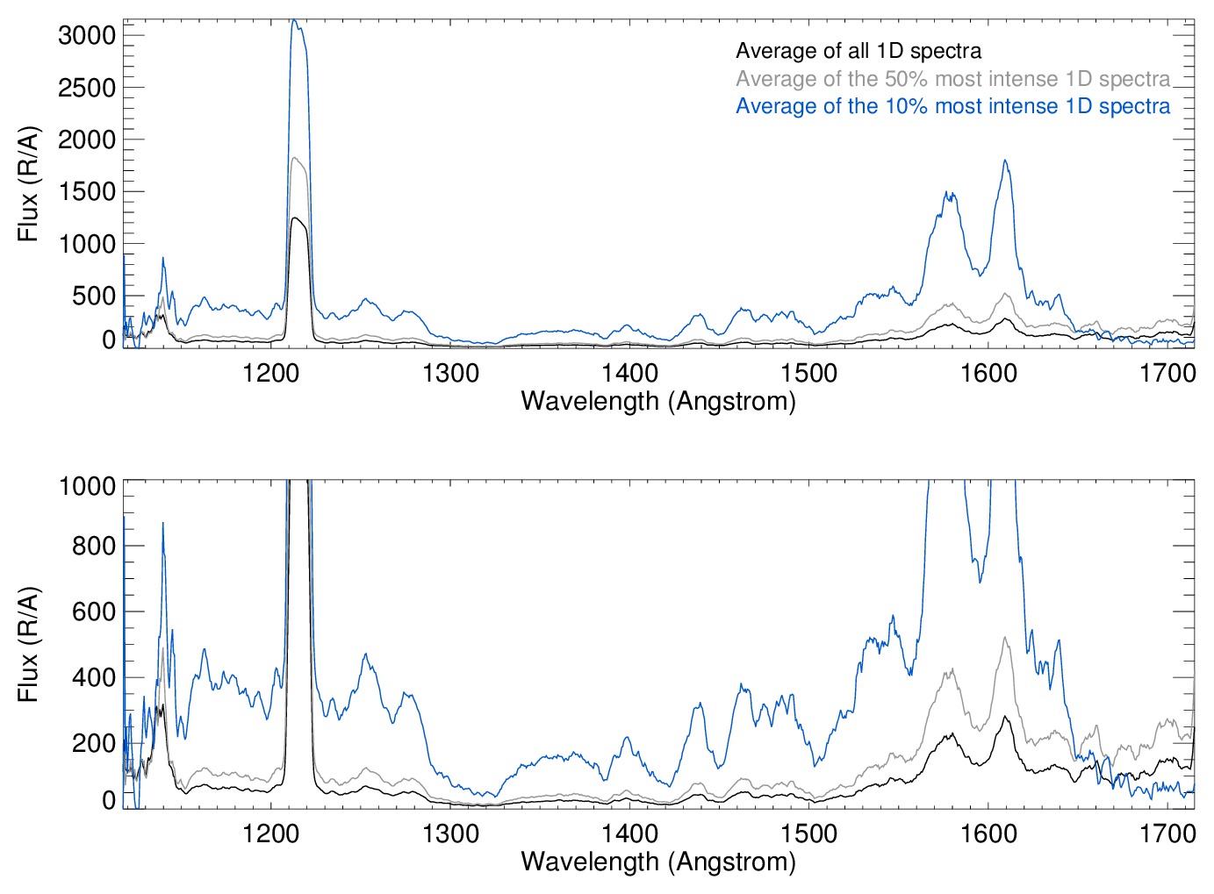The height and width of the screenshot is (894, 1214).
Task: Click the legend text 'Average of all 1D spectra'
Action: (858, 51)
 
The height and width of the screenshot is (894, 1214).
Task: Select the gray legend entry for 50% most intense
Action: (952, 79)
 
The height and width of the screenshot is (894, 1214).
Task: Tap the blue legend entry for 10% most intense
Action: (952, 106)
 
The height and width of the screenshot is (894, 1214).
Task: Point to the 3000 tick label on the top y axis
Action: (86, 36)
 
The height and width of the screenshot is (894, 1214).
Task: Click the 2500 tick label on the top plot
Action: (86, 88)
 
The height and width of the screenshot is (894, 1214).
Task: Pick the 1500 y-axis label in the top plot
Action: (86, 192)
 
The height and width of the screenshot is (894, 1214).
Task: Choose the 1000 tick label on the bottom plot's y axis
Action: (86, 486)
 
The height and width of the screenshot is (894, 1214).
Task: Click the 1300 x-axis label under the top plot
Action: (450, 373)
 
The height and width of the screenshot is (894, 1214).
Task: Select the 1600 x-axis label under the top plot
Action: (988, 373)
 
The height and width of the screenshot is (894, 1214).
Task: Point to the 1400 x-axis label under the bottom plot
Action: (629, 833)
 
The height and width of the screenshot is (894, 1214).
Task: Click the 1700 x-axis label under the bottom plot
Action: (1167, 833)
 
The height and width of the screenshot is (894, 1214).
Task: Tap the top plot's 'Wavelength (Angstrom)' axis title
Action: (658, 401)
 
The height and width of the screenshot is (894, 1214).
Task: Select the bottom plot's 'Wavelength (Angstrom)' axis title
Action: (658, 861)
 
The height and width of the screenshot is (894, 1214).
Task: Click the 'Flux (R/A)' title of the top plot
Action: (28, 184)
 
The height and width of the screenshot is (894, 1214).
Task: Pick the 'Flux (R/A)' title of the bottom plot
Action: (28, 644)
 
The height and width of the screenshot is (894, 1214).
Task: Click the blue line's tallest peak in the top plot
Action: (295, 20)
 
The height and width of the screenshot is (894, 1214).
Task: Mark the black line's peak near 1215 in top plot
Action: (297, 218)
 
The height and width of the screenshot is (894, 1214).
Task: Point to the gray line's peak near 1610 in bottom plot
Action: (1005, 638)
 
